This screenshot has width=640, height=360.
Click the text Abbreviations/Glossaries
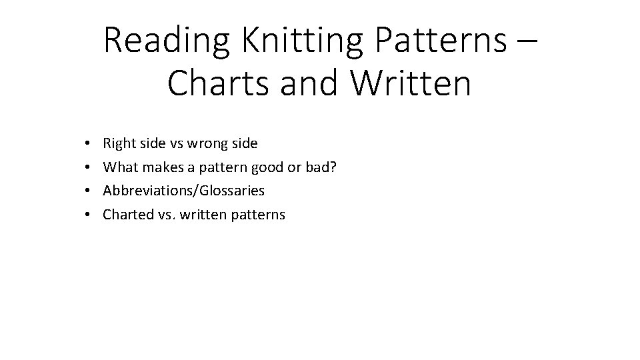point(183,191)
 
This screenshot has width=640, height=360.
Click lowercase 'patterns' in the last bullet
point(257,215)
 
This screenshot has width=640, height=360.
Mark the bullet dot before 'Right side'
point(88,144)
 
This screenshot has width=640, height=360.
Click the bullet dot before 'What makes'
point(88,167)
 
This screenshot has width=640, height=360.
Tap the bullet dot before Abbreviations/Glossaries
point(88,191)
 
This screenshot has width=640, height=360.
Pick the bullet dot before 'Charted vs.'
point(88,215)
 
